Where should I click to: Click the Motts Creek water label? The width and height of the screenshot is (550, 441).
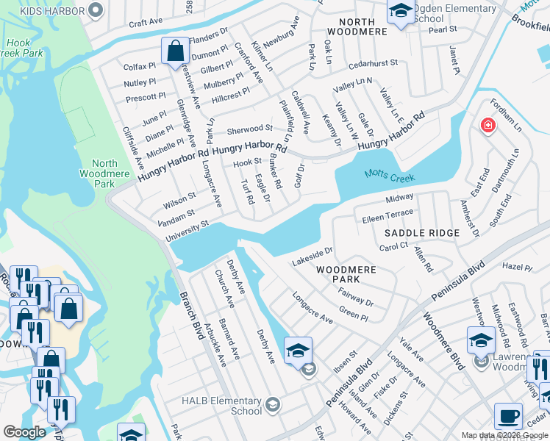[x=390, y=176]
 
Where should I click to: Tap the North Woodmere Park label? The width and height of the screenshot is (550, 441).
[x=105, y=173]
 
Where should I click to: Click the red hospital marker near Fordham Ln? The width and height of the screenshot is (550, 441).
[x=487, y=126]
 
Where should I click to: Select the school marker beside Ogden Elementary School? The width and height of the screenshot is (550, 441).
[x=400, y=11]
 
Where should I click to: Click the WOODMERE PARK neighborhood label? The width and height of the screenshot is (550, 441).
[x=347, y=274]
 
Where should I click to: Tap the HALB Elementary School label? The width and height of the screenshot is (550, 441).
[x=222, y=406]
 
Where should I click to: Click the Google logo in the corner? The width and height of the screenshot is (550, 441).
[x=24, y=432]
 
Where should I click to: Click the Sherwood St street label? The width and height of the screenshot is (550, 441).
[x=249, y=129]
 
